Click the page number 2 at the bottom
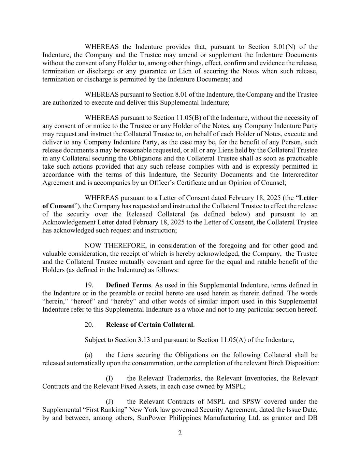tap(180, 433)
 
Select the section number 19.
tap(89, 285)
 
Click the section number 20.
tap(89, 325)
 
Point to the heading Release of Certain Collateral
tap(149, 325)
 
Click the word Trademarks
tap(183, 378)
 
